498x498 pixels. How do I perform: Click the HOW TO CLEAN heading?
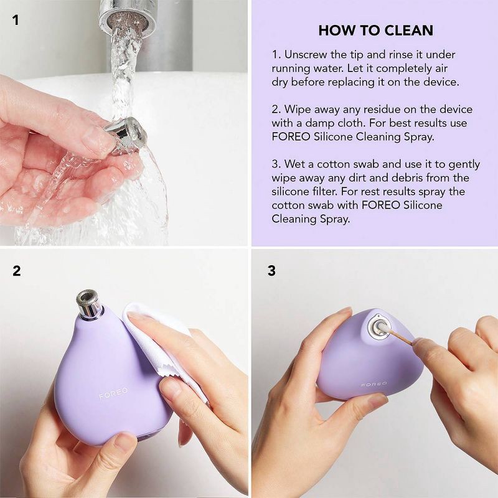(x=375, y=30)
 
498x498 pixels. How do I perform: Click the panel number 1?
(x=16, y=21)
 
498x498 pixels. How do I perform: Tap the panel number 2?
(x=16, y=271)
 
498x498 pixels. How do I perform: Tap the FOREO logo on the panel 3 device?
(x=373, y=384)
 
